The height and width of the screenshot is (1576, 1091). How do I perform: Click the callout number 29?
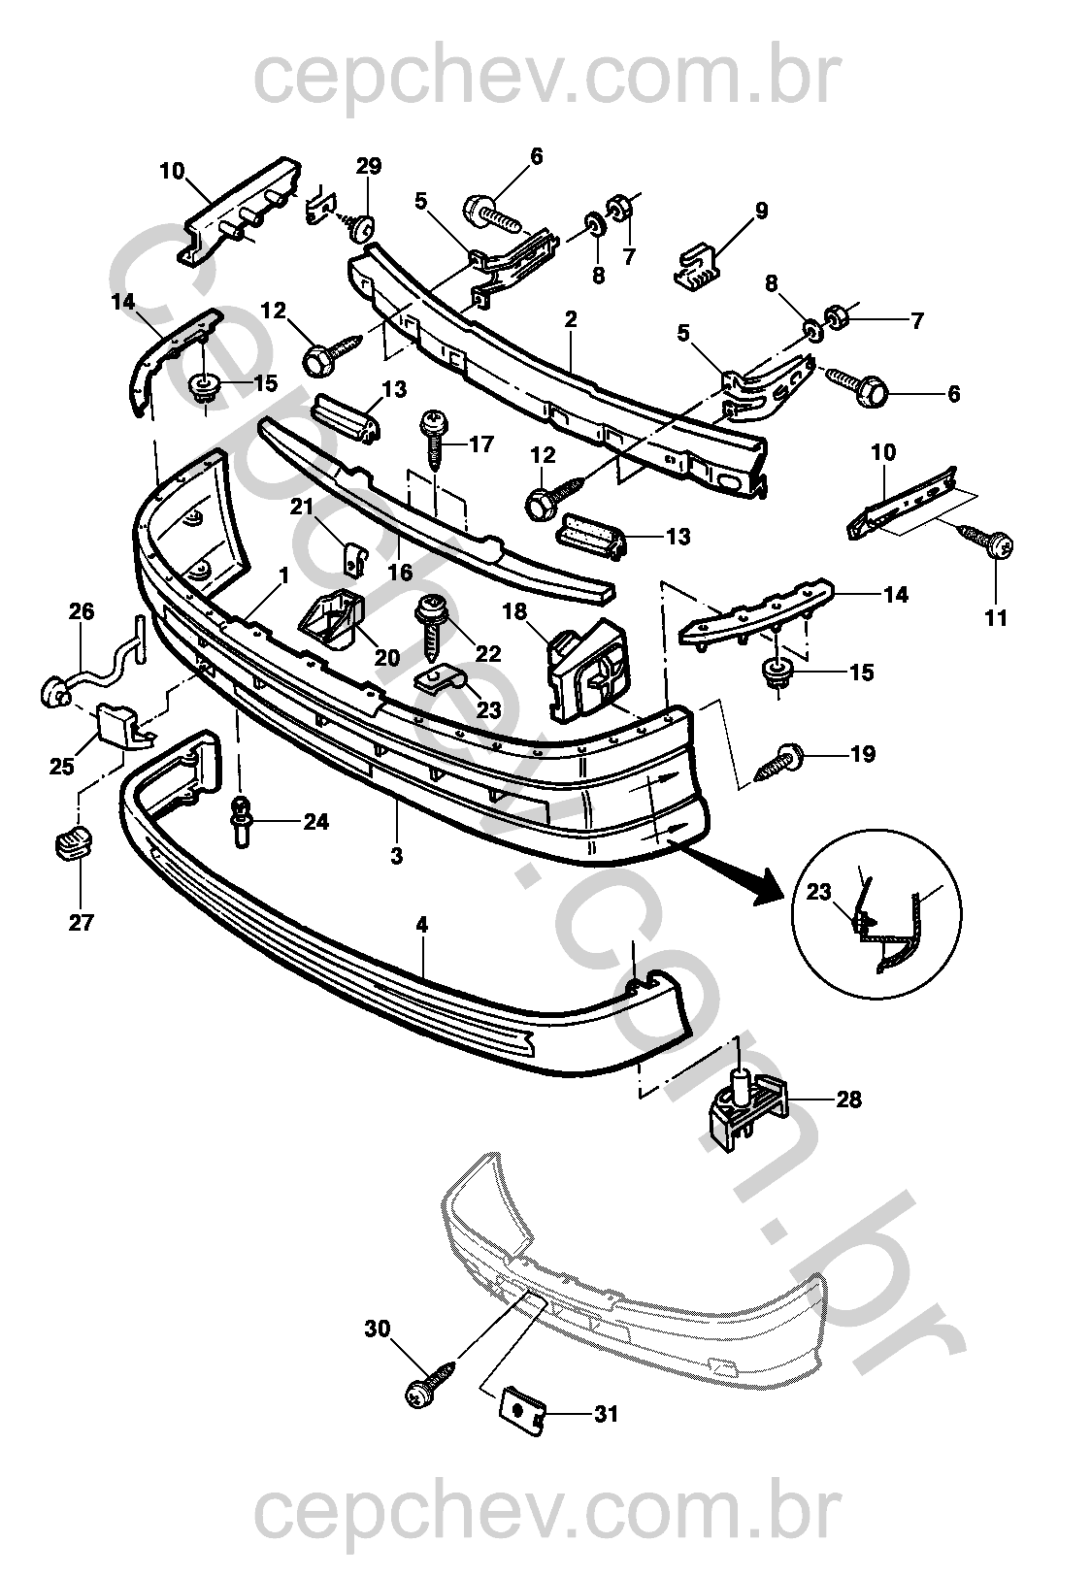tap(368, 166)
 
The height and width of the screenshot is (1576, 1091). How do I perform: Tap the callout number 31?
tap(606, 1414)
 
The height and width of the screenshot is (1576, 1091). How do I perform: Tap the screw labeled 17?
tap(433, 437)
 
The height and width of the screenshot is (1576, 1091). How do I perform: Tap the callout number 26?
tap(82, 610)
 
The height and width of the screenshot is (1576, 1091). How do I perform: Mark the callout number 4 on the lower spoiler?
tap(421, 926)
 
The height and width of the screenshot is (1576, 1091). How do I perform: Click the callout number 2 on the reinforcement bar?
tap(570, 319)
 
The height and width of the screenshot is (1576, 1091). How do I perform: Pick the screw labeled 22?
tap(427, 621)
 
